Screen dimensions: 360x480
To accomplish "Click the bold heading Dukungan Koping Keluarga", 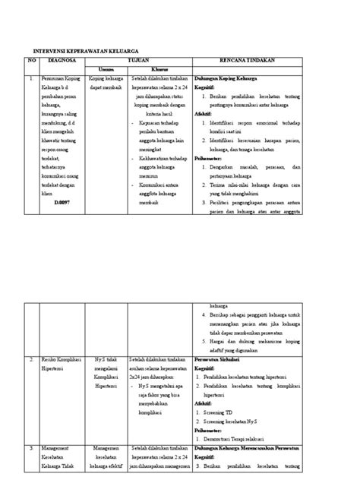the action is pos(228,77).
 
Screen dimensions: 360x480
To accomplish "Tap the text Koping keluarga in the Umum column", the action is pos(106,77).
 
